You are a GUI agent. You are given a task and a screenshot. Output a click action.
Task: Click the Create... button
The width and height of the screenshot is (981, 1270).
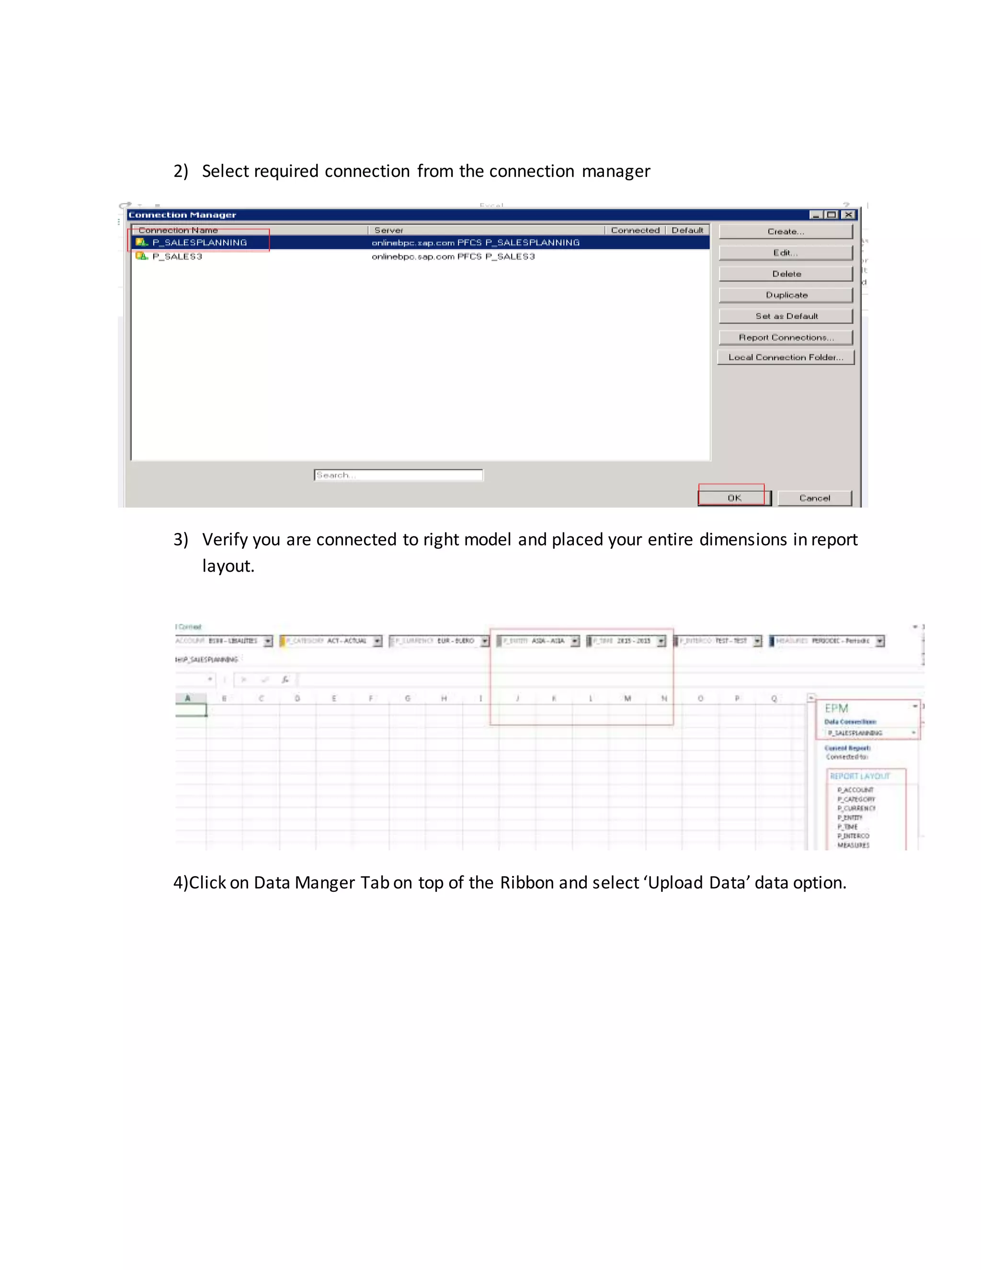(785, 231)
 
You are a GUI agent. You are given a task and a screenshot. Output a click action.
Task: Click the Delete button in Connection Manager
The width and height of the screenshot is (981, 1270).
(786, 274)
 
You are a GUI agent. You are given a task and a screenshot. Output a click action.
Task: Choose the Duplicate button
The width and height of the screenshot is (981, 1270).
(786, 295)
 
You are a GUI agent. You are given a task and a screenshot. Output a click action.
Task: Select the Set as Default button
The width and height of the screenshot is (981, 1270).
(786, 316)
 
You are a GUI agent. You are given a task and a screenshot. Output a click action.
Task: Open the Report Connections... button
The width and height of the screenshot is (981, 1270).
(786, 337)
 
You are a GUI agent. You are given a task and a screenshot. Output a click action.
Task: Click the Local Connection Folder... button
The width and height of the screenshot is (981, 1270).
(786, 357)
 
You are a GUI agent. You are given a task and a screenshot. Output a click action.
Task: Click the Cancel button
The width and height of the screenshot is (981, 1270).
(814, 498)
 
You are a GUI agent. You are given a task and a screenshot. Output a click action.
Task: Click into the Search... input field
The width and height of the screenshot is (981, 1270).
(398, 475)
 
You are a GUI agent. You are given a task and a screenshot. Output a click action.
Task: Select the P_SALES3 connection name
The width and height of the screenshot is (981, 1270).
(177, 256)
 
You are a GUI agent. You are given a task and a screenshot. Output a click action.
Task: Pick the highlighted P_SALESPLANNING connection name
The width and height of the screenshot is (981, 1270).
(199, 242)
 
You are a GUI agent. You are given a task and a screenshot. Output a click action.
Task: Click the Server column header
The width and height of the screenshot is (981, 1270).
(389, 230)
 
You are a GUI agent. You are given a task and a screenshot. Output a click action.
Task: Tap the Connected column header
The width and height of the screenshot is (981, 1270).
(635, 230)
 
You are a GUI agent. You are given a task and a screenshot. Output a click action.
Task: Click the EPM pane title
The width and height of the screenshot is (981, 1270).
(836, 708)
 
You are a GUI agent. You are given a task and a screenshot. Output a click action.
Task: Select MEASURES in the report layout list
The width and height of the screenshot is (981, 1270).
(853, 845)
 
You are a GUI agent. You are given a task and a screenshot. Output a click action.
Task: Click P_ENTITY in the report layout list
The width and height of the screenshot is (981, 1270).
(850, 818)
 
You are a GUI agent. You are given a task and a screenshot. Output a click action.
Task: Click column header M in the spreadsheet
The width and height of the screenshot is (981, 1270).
(627, 698)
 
